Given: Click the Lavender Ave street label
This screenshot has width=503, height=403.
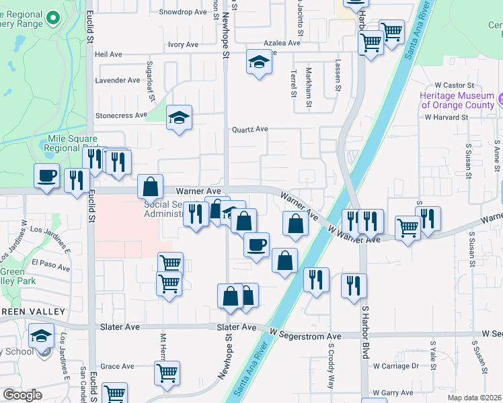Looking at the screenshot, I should (118, 80).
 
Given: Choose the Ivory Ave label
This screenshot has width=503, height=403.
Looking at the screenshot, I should (183, 44).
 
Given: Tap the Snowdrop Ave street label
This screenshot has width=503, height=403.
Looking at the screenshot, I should (182, 12).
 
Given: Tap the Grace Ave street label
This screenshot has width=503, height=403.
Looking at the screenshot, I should (118, 366).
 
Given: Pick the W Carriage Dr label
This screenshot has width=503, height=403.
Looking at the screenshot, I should (397, 366).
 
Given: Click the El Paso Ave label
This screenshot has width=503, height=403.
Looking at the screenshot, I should (50, 267).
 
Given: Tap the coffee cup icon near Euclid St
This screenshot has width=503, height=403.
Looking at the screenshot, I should (46, 176).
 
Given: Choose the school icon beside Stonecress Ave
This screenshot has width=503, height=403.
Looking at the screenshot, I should (179, 118).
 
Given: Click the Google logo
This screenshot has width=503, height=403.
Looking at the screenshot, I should (22, 395).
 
